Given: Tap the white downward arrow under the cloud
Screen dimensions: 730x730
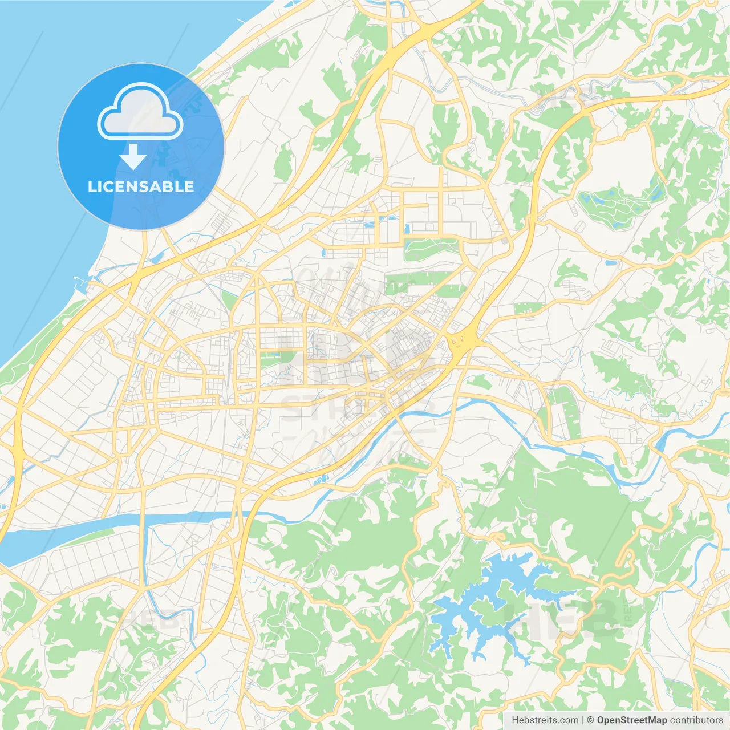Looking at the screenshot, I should coord(133,157).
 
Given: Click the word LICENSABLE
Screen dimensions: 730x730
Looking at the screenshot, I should coord(141,186).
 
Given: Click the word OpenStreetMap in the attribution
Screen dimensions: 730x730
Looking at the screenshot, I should coord(631,720).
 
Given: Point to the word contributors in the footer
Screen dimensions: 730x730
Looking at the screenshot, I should coord(696,720).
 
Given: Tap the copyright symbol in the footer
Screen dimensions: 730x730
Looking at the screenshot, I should coord(590,720).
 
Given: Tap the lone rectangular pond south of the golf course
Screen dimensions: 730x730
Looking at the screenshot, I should coord(610,263).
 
